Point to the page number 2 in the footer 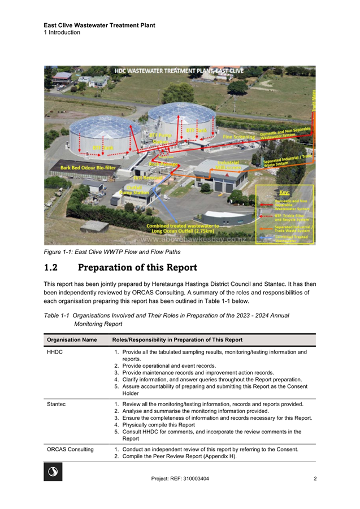point(315,479)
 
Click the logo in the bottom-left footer point(53,472)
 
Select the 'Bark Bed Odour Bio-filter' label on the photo point(88,168)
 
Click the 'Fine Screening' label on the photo point(239,137)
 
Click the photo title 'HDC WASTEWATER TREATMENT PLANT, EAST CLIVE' point(179,71)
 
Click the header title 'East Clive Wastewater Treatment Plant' point(99,25)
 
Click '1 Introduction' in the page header point(62,33)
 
